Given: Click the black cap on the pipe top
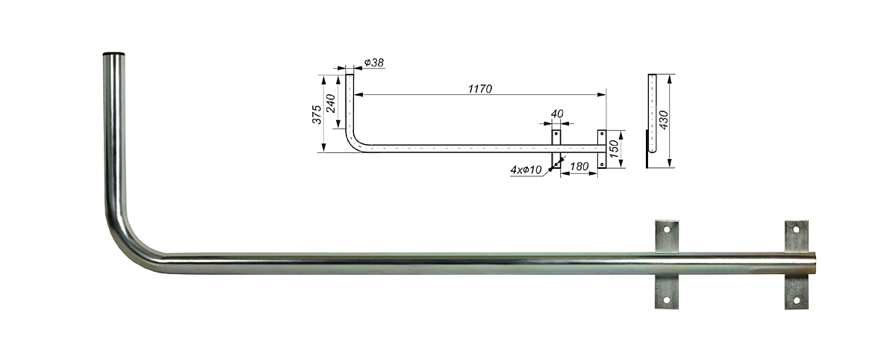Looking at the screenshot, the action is tap(113, 54).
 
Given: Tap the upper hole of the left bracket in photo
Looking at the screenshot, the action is tap(667, 230).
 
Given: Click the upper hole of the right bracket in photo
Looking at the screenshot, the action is tap(796, 230).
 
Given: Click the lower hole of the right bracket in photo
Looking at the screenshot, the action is tap(796, 300).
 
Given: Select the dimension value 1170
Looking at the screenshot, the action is tap(480, 88).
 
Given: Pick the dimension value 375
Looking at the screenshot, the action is tap(317, 114).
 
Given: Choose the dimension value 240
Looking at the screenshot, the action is tap(331, 103).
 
